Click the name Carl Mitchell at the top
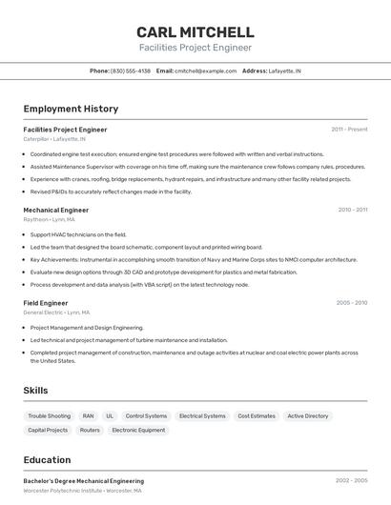point(195,31)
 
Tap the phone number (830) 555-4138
point(131,71)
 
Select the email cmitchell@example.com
point(205,71)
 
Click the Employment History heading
point(71,109)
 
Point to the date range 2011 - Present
point(349,129)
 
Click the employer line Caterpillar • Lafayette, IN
point(61,139)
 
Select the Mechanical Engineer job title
point(55,210)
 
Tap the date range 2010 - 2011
point(352,210)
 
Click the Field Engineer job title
point(46,303)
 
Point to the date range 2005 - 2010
point(351,303)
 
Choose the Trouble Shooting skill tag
point(50,416)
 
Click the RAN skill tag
point(89,416)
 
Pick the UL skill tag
point(110,416)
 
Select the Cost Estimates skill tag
point(257,416)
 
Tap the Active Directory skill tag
point(308,416)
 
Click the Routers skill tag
point(90,431)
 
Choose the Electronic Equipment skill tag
point(138,431)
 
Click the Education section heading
point(48,459)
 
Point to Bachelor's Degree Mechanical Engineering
point(84,481)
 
